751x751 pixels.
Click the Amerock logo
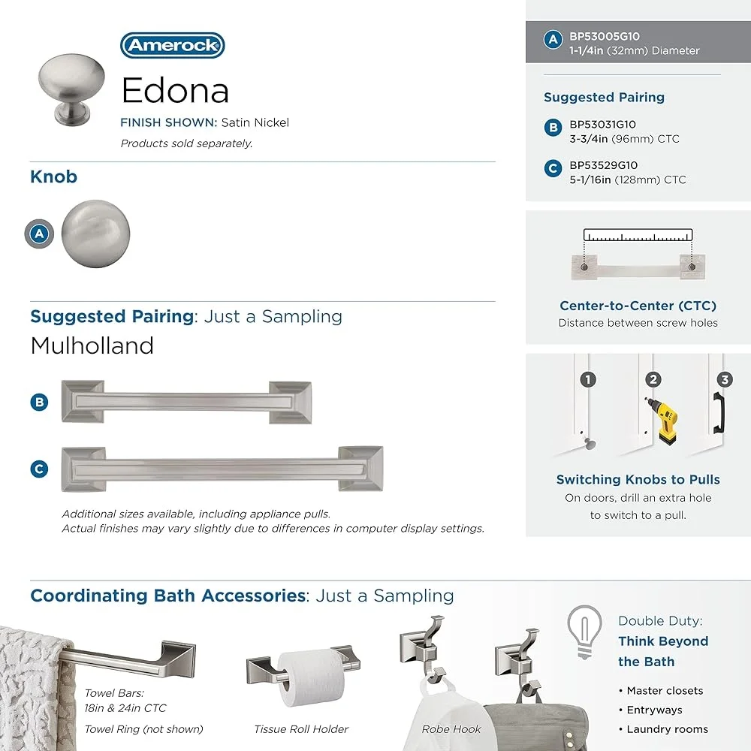(172, 45)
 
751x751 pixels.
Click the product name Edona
(175, 91)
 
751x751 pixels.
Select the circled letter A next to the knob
(39, 234)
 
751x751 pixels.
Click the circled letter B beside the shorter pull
(39, 402)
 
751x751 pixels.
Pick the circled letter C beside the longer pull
(39, 469)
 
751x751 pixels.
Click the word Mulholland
(92, 345)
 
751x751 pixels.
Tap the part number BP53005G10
(605, 36)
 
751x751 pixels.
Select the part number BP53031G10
(602, 125)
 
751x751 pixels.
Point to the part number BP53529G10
(604, 165)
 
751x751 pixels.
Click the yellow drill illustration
(659, 421)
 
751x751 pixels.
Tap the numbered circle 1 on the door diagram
(588, 380)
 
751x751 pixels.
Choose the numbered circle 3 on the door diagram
(724, 380)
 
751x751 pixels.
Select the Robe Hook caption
(451, 728)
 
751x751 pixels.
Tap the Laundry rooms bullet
(667, 729)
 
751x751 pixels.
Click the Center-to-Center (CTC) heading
(638, 306)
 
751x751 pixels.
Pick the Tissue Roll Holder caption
(301, 728)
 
